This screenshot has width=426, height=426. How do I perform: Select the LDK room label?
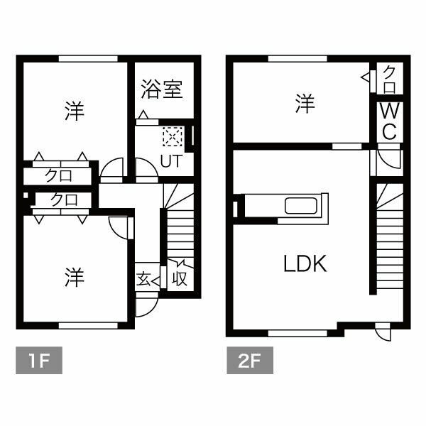click(305, 265)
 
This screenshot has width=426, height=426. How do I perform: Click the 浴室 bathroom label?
click(162, 90)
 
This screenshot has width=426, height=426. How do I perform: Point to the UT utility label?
click(170, 160)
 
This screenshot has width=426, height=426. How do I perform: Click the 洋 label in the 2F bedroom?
click(305, 105)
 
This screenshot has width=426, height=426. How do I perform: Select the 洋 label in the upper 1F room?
click(74, 111)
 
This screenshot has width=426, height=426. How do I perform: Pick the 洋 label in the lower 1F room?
click(74, 277)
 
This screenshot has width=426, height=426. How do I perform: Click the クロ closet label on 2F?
click(390, 79)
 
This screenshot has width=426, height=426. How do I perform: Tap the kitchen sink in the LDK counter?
click(304, 207)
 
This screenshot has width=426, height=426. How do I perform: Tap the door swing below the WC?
click(389, 159)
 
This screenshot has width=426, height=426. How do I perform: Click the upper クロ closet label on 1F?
click(59, 174)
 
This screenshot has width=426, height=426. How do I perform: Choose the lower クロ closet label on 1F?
click(63, 200)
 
